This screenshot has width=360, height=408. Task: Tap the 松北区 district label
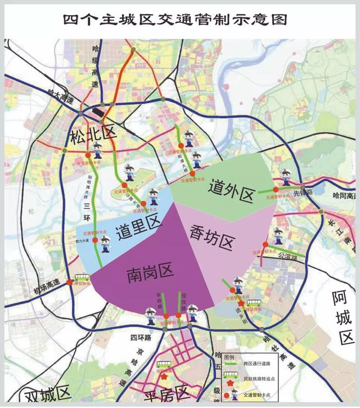click(x=92, y=135)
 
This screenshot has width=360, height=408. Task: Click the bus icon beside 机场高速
click(x=78, y=277)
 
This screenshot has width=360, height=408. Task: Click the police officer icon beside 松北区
click(x=98, y=150)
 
